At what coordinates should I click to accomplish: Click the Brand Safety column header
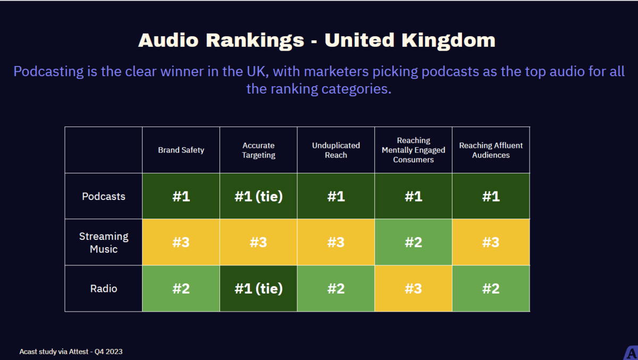coord(181,150)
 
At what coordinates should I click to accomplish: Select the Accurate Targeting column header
coord(258,150)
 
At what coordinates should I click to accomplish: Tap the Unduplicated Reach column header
coord(336,150)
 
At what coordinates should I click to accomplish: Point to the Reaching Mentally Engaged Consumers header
coord(413,150)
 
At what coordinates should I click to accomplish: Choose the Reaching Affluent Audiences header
coord(491,150)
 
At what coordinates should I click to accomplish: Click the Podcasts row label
coord(104,196)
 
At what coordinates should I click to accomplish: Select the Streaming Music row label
coord(104,242)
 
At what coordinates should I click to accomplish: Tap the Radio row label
coord(104,289)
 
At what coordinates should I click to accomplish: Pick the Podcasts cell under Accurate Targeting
coord(258,196)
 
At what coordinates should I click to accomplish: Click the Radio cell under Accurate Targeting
coord(258,289)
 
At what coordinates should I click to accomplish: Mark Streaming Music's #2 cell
coord(413,242)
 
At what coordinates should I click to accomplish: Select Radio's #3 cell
coord(413,289)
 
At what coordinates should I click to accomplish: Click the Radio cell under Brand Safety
coord(181,289)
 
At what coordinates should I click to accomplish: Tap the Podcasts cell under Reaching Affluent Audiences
coord(491,196)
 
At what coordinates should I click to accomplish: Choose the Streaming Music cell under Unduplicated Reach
coord(336,242)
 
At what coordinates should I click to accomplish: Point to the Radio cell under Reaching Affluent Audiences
coord(491,289)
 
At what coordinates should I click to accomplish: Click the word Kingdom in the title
coord(448,40)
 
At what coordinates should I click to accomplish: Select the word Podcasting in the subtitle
coord(48,71)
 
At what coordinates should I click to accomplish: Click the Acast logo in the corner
coord(631,353)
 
